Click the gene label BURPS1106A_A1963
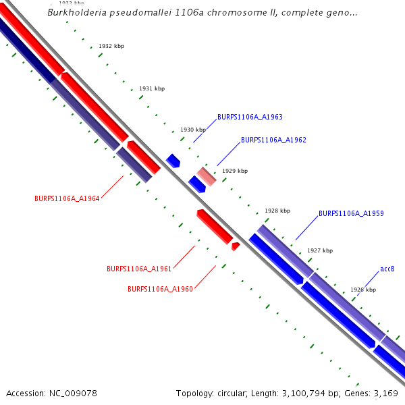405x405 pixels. (x=250, y=117)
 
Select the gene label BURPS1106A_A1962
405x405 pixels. (x=273, y=140)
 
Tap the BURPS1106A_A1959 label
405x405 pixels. (x=351, y=213)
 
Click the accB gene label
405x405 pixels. (x=387, y=269)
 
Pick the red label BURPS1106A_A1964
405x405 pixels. (x=67, y=198)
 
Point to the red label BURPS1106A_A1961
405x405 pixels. (x=139, y=269)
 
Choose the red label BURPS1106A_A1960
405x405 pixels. (x=160, y=289)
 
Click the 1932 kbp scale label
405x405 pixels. (x=111, y=46)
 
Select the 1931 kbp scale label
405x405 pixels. (x=152, y=88)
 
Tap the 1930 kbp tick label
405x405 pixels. (x=192, y=130)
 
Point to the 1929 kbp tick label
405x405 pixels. (x=235, y=171)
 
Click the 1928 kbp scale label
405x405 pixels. (x=277, y=211)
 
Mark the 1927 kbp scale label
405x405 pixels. (x=320, y=250)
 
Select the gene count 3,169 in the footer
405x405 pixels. (x=385, y=393)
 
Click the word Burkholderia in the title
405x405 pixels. (x=76, y=13)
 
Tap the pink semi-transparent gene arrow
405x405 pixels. (x=207, y=176)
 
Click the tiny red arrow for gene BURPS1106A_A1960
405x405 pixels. (x=235, y=246)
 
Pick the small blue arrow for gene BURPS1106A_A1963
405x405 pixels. (x=173, y=161)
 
